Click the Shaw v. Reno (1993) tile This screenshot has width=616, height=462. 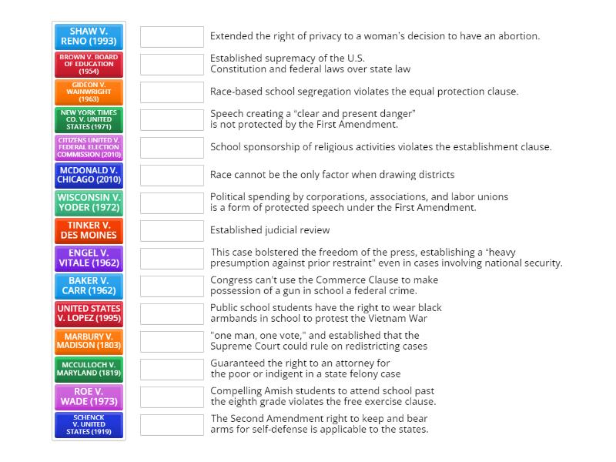(89, 36)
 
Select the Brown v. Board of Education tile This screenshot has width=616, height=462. (89, 64)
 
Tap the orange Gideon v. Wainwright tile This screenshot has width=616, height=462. (89, 92)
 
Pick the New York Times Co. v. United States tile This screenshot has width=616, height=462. (89, 119)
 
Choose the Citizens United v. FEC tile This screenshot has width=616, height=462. (89, 147)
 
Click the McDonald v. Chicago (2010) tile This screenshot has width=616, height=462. (89, 175)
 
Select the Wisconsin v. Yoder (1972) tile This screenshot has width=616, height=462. (89, 203)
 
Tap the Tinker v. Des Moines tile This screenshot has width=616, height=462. (89, 230)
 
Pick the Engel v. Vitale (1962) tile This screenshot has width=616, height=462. (89, 258)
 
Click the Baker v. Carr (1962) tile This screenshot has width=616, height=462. (89, 286)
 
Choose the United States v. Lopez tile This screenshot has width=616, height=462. (89, 313)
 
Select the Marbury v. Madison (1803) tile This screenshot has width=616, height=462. (89, 341)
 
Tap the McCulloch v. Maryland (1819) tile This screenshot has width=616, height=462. (89, 369)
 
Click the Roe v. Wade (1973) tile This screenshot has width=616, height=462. (89, 397)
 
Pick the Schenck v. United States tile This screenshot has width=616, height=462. (89, 424)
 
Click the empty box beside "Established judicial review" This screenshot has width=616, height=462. (172, 230)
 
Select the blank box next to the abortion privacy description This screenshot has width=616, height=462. (172, 36)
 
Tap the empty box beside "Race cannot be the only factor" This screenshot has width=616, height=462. (172, 175)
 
